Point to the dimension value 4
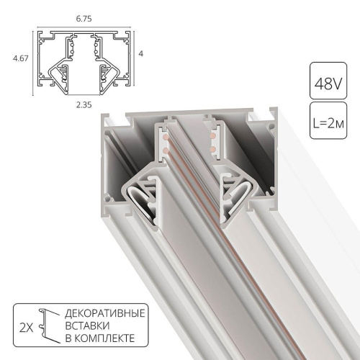pos(143,54)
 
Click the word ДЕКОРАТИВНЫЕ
pos(105,315)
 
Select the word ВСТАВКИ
pos(87,327)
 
